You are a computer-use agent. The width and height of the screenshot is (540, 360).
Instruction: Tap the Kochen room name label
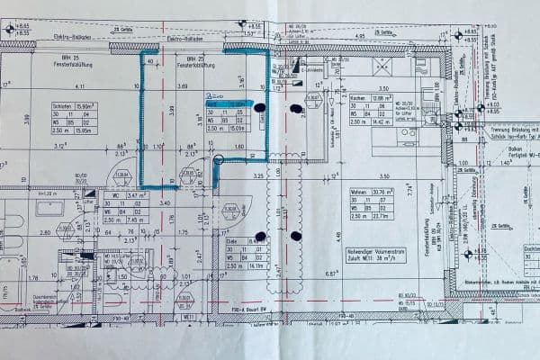click(x=359, y=97)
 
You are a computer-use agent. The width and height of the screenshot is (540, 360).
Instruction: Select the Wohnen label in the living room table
click(x=360, y=191)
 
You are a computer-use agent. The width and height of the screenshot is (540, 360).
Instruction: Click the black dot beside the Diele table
click(x=260, y=237)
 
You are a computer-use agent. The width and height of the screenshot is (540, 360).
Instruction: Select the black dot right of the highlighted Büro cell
click(x=260, y=108)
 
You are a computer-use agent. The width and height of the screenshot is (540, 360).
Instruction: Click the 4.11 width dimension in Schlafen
click(x=79, y=86)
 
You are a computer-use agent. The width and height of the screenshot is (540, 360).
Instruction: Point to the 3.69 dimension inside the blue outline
click(x=182, y=86)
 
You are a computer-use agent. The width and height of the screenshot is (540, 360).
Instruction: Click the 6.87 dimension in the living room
click(x=330, y=273)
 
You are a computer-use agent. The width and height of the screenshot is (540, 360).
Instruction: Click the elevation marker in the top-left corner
click(x=11, y=29)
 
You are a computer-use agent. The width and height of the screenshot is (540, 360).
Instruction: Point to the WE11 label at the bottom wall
click(x=190, y=317)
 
